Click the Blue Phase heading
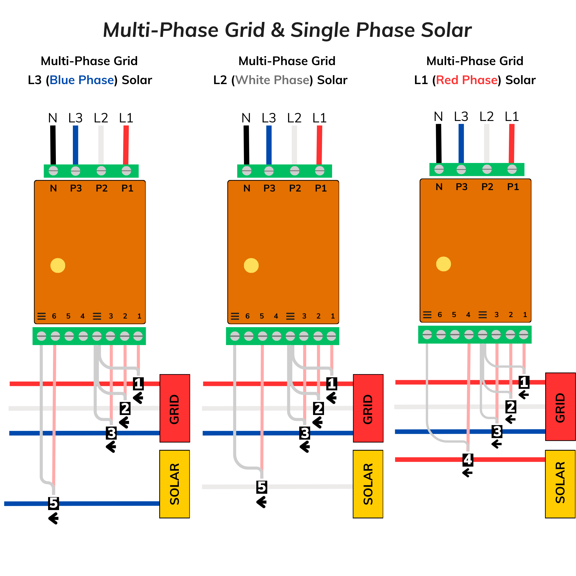82,80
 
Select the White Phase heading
272,80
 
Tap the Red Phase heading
467,80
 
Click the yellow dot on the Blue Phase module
58,265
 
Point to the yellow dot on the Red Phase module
443,264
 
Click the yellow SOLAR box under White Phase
368,484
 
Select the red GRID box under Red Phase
560,407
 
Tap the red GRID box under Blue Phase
175,408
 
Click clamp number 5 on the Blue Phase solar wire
53,503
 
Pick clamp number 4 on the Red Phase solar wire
468,459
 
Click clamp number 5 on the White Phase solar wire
262,486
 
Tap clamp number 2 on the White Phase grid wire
319,408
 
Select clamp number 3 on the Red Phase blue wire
497,431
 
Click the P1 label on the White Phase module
321,188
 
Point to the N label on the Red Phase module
439,187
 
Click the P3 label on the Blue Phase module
76,188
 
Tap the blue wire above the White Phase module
269,145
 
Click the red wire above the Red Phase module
511,143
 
